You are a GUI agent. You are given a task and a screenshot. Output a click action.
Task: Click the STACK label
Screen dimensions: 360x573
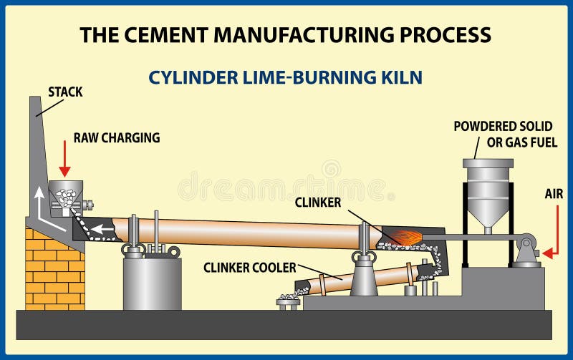point(65,92)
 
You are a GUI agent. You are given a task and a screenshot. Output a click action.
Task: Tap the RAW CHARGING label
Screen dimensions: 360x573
point(116,138)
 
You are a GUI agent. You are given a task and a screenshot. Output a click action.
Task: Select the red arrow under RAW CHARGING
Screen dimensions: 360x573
point(64,159)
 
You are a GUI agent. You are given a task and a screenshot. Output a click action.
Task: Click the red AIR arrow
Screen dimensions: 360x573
point(550,253)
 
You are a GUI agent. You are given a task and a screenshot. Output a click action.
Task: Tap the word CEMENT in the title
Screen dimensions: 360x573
point(187,34)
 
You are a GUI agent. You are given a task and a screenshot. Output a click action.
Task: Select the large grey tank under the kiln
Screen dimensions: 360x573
point(152,283)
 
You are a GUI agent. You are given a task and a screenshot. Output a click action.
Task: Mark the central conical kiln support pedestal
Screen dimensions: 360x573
point(364,276)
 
